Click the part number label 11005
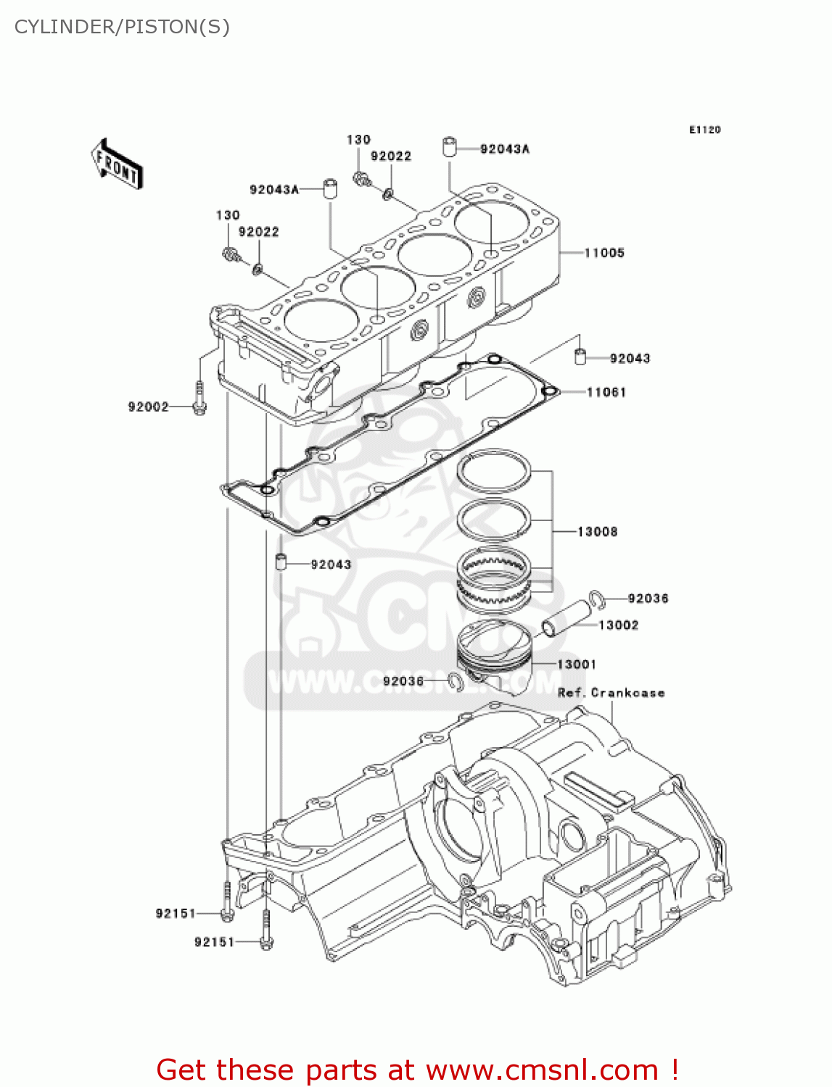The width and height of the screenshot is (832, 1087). [604, 253]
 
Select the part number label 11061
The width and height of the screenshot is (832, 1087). [606, 392]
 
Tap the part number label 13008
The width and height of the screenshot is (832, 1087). [597, 532]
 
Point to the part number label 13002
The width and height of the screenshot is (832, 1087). [618, 625]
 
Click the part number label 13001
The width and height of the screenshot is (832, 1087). [577, 665]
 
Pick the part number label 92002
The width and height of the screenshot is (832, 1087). [148, 407]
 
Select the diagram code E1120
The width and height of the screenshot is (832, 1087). [704, 130]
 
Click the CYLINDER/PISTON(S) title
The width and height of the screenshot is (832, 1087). [122, 27]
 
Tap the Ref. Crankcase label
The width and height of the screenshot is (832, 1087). [611, 693]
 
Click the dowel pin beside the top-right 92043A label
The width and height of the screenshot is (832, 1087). [449, 146]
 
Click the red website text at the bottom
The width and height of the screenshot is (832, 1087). [417, 1070]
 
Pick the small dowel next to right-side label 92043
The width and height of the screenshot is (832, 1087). [580, 357]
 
